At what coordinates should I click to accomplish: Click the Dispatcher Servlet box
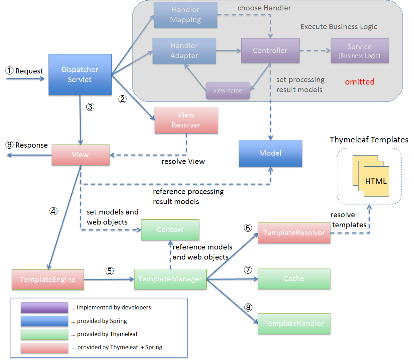(80, 74)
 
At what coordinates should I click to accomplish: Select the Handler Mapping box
(186, 15)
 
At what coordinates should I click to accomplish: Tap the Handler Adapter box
(184, 51)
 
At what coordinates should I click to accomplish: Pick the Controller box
(270, 51)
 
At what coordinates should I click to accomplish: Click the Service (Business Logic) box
(360, 51)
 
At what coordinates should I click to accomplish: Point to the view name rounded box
(227, 90)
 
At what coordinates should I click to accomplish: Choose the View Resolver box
(186, 120)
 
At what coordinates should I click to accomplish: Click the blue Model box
(270, 153)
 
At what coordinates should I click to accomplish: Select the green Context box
(170, 230)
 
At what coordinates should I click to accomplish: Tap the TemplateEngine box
(48, 280)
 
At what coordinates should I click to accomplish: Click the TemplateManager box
(170, 279)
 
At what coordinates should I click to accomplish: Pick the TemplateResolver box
(294, 233)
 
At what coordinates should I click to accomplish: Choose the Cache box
(294, 279)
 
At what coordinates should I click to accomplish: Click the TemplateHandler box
(294, 324)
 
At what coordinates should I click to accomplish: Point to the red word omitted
(360, 82)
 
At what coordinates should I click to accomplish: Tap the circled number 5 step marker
(110, 271)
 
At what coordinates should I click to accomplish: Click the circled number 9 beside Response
(9, 145)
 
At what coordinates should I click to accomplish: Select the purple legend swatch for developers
(44, 308)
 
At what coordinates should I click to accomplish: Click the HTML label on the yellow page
(376, 181)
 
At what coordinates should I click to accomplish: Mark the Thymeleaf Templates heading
(369, 140)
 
